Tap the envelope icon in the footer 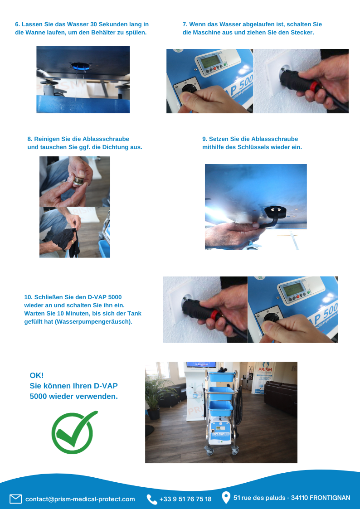point(15,499)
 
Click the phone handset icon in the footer point(151,499)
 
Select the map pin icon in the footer point(226,498)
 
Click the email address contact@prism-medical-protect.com point(80,499)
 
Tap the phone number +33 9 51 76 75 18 point(185,499)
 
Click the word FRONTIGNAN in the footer point(330,498)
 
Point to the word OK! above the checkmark point(37,375)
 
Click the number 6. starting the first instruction point(18,24)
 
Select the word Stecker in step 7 point(303,33)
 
